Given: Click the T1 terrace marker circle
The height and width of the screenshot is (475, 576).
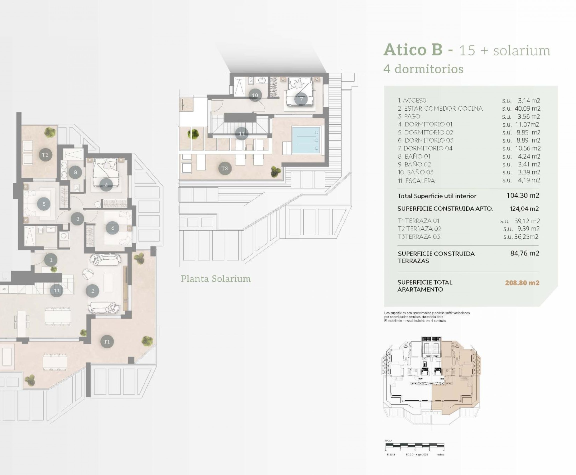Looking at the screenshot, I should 107,341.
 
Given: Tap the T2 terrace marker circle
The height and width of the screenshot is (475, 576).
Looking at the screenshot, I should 45,155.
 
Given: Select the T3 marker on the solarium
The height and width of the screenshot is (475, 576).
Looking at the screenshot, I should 225,168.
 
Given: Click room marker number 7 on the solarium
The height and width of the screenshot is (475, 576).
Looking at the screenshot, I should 301,99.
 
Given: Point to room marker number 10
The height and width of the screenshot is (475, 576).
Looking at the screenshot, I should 255,95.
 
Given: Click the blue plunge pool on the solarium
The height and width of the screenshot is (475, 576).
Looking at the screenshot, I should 306,140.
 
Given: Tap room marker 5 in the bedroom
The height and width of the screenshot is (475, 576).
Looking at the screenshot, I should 44,204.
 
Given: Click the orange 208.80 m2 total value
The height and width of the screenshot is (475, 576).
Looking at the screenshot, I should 522,283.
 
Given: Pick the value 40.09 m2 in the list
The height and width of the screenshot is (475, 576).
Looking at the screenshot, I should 527,108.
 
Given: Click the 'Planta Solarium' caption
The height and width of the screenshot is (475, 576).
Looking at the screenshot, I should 215,279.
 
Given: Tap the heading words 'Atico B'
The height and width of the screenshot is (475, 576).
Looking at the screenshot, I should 413,50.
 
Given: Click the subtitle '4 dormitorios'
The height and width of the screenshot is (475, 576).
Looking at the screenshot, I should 423,69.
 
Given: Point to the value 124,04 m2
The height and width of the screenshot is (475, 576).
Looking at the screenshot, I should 524,208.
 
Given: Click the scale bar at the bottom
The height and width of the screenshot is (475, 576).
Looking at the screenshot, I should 414,446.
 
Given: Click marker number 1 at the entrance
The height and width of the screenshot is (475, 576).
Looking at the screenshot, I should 51,260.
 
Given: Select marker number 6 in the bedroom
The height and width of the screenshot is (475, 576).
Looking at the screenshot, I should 112,228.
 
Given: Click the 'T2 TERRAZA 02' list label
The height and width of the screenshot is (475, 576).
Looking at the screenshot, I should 419,229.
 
